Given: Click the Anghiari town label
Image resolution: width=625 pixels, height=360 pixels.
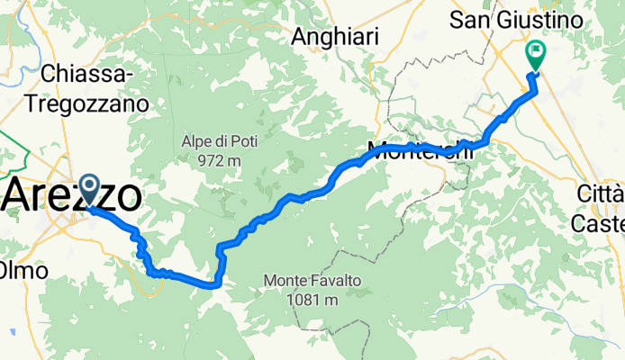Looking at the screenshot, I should tap(335, 36).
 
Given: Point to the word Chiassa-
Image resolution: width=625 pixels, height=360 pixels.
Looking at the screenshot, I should tap(88, 75).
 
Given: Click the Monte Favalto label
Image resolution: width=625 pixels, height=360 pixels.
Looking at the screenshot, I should tap(312, 282).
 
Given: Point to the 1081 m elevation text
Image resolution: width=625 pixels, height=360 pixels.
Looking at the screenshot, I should tap(312, 301).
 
